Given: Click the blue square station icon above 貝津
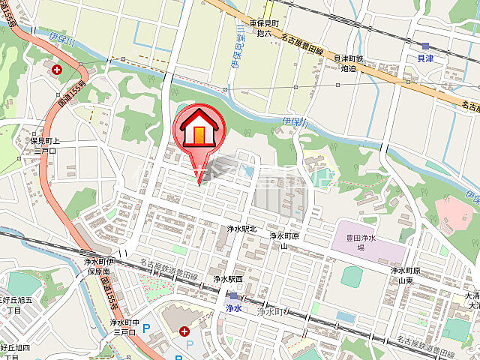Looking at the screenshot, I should coord(425,45).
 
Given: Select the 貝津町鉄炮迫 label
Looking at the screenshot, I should coord(349,62).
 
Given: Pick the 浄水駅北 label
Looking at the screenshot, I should coord(241,228).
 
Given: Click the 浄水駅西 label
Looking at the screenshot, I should coord(228,278).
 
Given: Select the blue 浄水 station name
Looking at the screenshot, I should coord(233,307).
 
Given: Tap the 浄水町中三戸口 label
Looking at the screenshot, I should coord(125,326).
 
